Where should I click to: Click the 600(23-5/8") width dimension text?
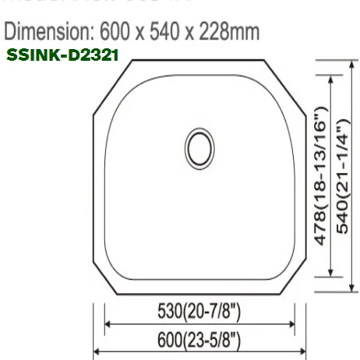coord(200,341)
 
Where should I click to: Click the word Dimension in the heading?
coord(48,32)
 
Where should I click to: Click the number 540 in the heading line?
coord(172,32)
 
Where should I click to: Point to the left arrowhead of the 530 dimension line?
coord(108,325)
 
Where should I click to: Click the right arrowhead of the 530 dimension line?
coord(293,325)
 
